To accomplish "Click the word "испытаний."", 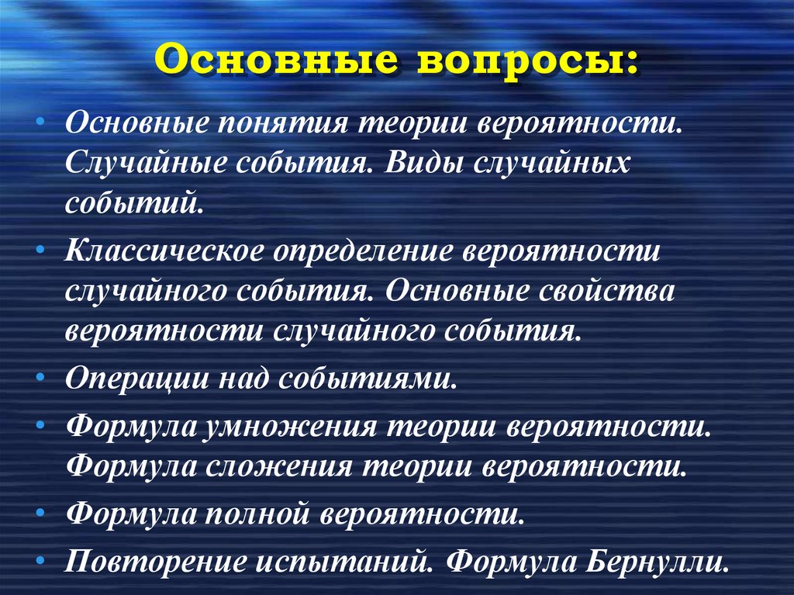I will (344, 559).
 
